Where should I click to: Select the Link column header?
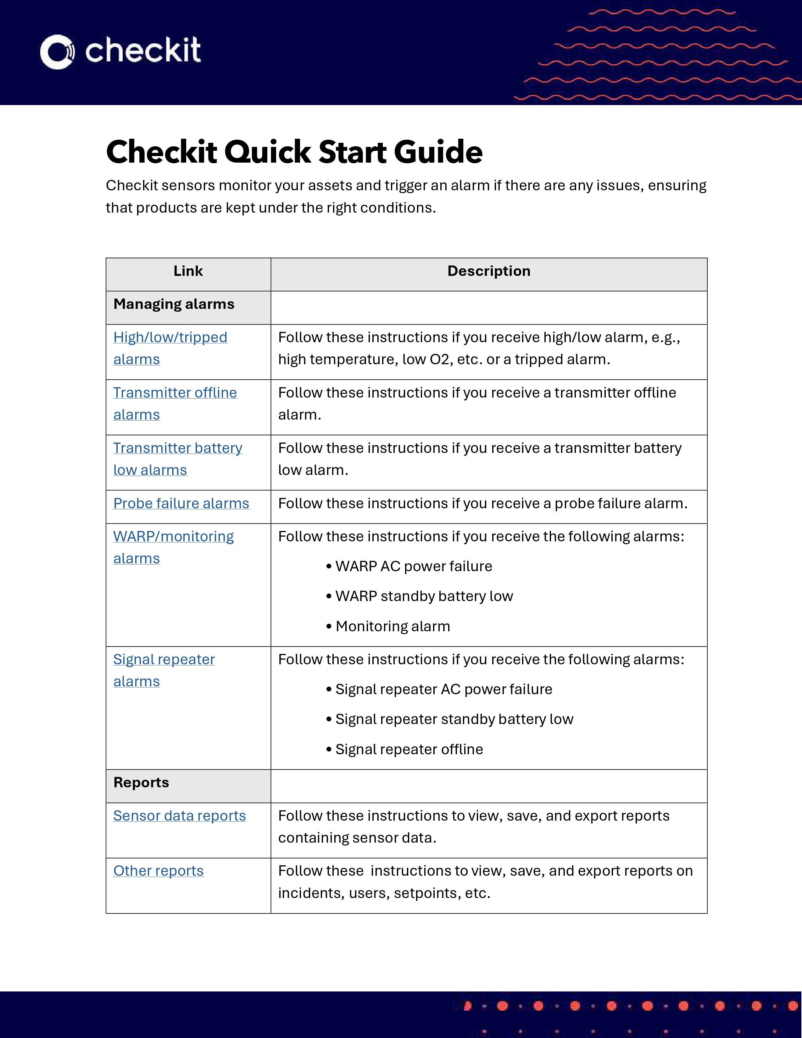[188, 271]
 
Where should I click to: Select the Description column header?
[488, 271]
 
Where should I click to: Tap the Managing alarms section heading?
[174, 304]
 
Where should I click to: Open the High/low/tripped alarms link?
[170, 338]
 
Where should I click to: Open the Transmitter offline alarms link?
[175, 393]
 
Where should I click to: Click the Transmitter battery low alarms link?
[178, 448]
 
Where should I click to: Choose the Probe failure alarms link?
[181, 503]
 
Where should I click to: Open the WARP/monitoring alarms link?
[173, 537]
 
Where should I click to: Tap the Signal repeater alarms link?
[164, 660]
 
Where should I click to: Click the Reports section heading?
[141, 783]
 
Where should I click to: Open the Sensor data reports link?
[180, 816]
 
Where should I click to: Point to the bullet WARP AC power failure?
[413, 566]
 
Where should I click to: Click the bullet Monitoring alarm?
[393, 626]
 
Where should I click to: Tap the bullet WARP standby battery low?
[424, 596]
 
